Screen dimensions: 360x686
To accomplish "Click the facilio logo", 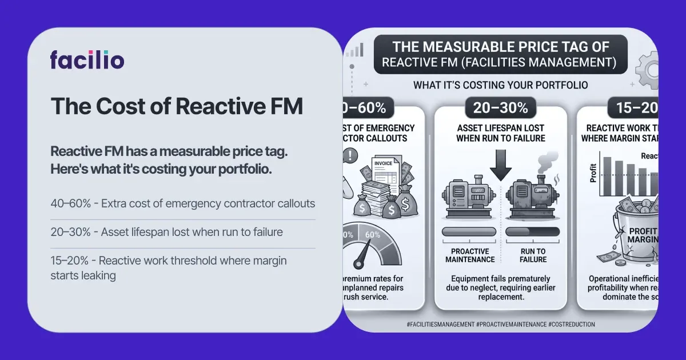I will point(87,59).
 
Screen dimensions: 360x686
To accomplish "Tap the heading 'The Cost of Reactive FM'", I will point(177,106).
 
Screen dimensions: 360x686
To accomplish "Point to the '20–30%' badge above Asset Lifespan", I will point(500,107).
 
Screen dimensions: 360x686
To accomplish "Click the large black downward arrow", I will point(500,163).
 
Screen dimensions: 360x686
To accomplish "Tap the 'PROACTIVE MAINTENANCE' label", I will point(470,255).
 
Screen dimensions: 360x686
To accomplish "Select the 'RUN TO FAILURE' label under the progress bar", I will point(533,255).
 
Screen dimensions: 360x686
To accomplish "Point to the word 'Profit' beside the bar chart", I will point(593,173).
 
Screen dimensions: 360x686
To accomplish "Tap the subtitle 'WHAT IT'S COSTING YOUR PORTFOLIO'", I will point(500,85).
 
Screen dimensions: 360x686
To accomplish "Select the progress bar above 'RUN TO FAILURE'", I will point(533,231).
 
